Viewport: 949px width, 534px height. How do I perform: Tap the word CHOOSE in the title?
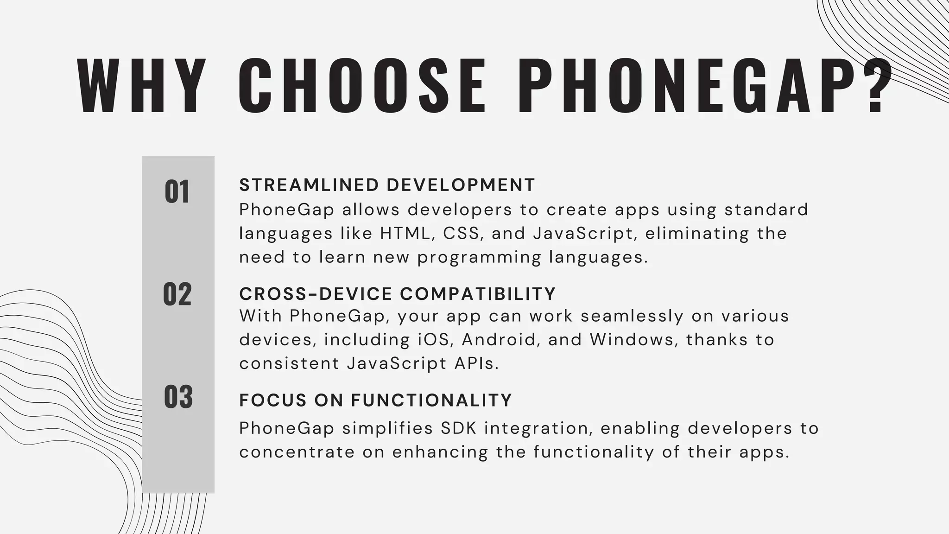click(x=363, y=86)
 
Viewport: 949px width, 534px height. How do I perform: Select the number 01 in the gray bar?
click(x=177, y=192)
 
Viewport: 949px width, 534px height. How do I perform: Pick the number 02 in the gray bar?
click(x=177, y=294)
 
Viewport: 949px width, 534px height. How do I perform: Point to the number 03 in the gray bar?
click(x=178, y=397)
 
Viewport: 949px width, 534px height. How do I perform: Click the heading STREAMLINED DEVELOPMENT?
click(x=387, y=185)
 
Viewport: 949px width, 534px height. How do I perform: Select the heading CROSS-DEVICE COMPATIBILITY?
click(x=397, y=294)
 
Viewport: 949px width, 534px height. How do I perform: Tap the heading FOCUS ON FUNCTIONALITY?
click(x=375, y=400)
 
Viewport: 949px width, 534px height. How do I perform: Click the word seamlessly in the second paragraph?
click(x=632, y=316)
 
